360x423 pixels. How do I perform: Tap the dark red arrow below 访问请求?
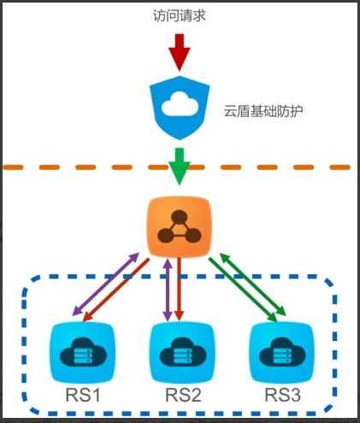[x=179, y=52]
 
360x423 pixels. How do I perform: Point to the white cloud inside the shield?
[x=180, y=105]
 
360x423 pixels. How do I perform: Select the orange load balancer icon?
[x=179, y=227]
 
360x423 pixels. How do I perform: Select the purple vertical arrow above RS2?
[x=167, y=291]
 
